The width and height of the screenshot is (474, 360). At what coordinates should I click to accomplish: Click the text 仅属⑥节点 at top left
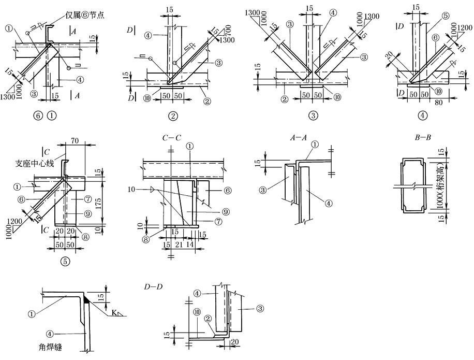(x=82, y=15)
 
